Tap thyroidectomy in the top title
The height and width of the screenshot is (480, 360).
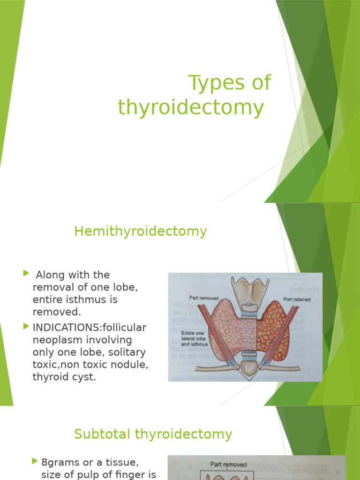point(191,107)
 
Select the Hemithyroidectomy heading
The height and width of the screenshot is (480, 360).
point(140,231)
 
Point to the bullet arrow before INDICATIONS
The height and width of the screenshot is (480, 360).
point(26,326)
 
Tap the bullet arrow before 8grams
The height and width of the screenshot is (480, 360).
point(35,461)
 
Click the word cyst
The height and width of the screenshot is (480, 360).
point(84,376)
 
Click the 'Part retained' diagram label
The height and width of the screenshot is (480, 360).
point(296,299)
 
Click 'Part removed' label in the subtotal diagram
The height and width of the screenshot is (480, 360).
point(228,465)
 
